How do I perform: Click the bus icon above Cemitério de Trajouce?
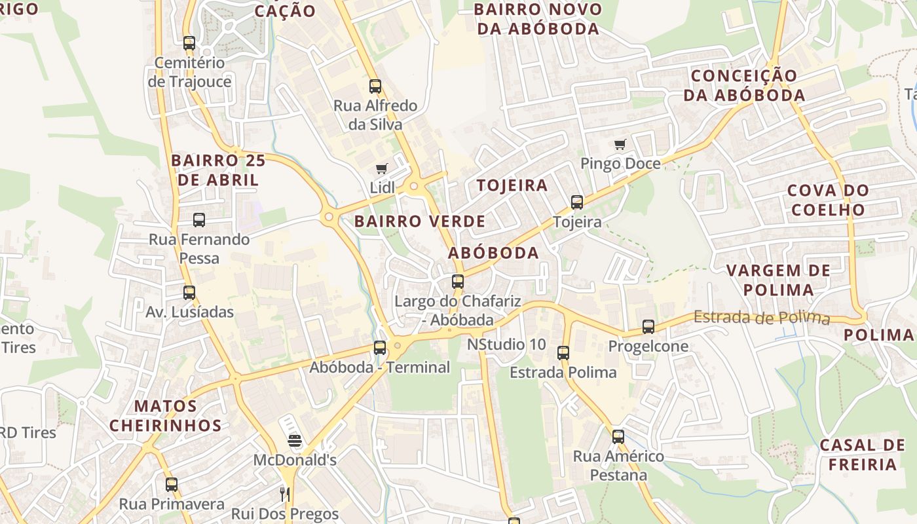(x=189, y=43)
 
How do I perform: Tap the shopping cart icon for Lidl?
(x=382, y=169)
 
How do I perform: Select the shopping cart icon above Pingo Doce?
(x=620, y=145)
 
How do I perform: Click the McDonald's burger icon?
(x=295, y=441)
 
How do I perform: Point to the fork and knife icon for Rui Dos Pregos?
(x=284, y=494)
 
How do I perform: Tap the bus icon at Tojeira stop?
(x=576, y=202)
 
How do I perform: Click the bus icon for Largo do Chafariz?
(x=458, y=282)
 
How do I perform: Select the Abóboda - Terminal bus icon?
(x=380, y=348)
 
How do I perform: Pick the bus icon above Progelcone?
(x=648, y=326)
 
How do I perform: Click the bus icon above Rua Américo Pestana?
(x=618, y=436)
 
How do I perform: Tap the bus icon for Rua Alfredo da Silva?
(x=375, y=86)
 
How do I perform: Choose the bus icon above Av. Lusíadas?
(x=189, y=293)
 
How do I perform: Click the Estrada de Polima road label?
(x=761, y=318)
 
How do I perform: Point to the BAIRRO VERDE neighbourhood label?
(x=420, y=221)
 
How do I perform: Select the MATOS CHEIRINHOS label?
(x=165, y=416)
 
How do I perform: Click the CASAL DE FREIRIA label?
(x=862, y=455)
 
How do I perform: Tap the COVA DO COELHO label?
(x=828, y=200)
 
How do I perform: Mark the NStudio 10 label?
(x=506, y=345)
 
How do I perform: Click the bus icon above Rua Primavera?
(x=172, y=485)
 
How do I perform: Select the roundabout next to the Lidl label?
(x=413, y=186)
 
